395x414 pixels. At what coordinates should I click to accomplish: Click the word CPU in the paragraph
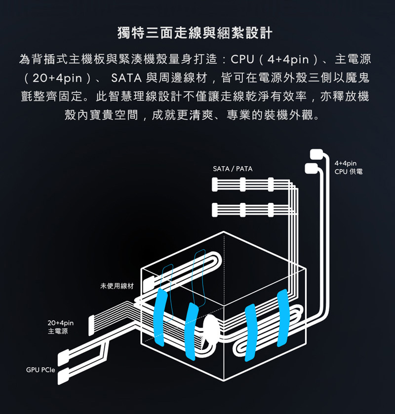242,60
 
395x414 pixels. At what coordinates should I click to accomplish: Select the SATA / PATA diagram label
232,169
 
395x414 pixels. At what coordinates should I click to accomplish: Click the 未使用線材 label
117,286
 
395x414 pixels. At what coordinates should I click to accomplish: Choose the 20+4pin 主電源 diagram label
58,327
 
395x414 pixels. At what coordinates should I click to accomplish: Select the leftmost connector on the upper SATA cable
214,185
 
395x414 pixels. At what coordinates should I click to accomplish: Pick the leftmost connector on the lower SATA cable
214,209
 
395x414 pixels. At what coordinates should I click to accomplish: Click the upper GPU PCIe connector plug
64,357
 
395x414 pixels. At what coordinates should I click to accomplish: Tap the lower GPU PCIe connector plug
64,377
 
